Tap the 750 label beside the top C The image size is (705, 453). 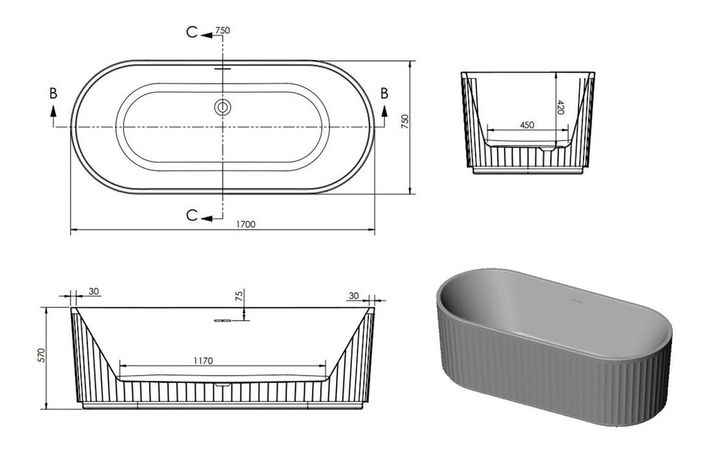pos(223,30)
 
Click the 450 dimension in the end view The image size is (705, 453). pos(527,125)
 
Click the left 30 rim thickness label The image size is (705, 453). pos(94,292)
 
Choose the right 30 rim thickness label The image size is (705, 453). pos(353,295)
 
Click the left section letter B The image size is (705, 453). pos(53,93)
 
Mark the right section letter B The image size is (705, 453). pos(384,93)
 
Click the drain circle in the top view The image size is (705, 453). pos(222,107)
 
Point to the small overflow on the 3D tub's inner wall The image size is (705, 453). pos(573,301)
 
